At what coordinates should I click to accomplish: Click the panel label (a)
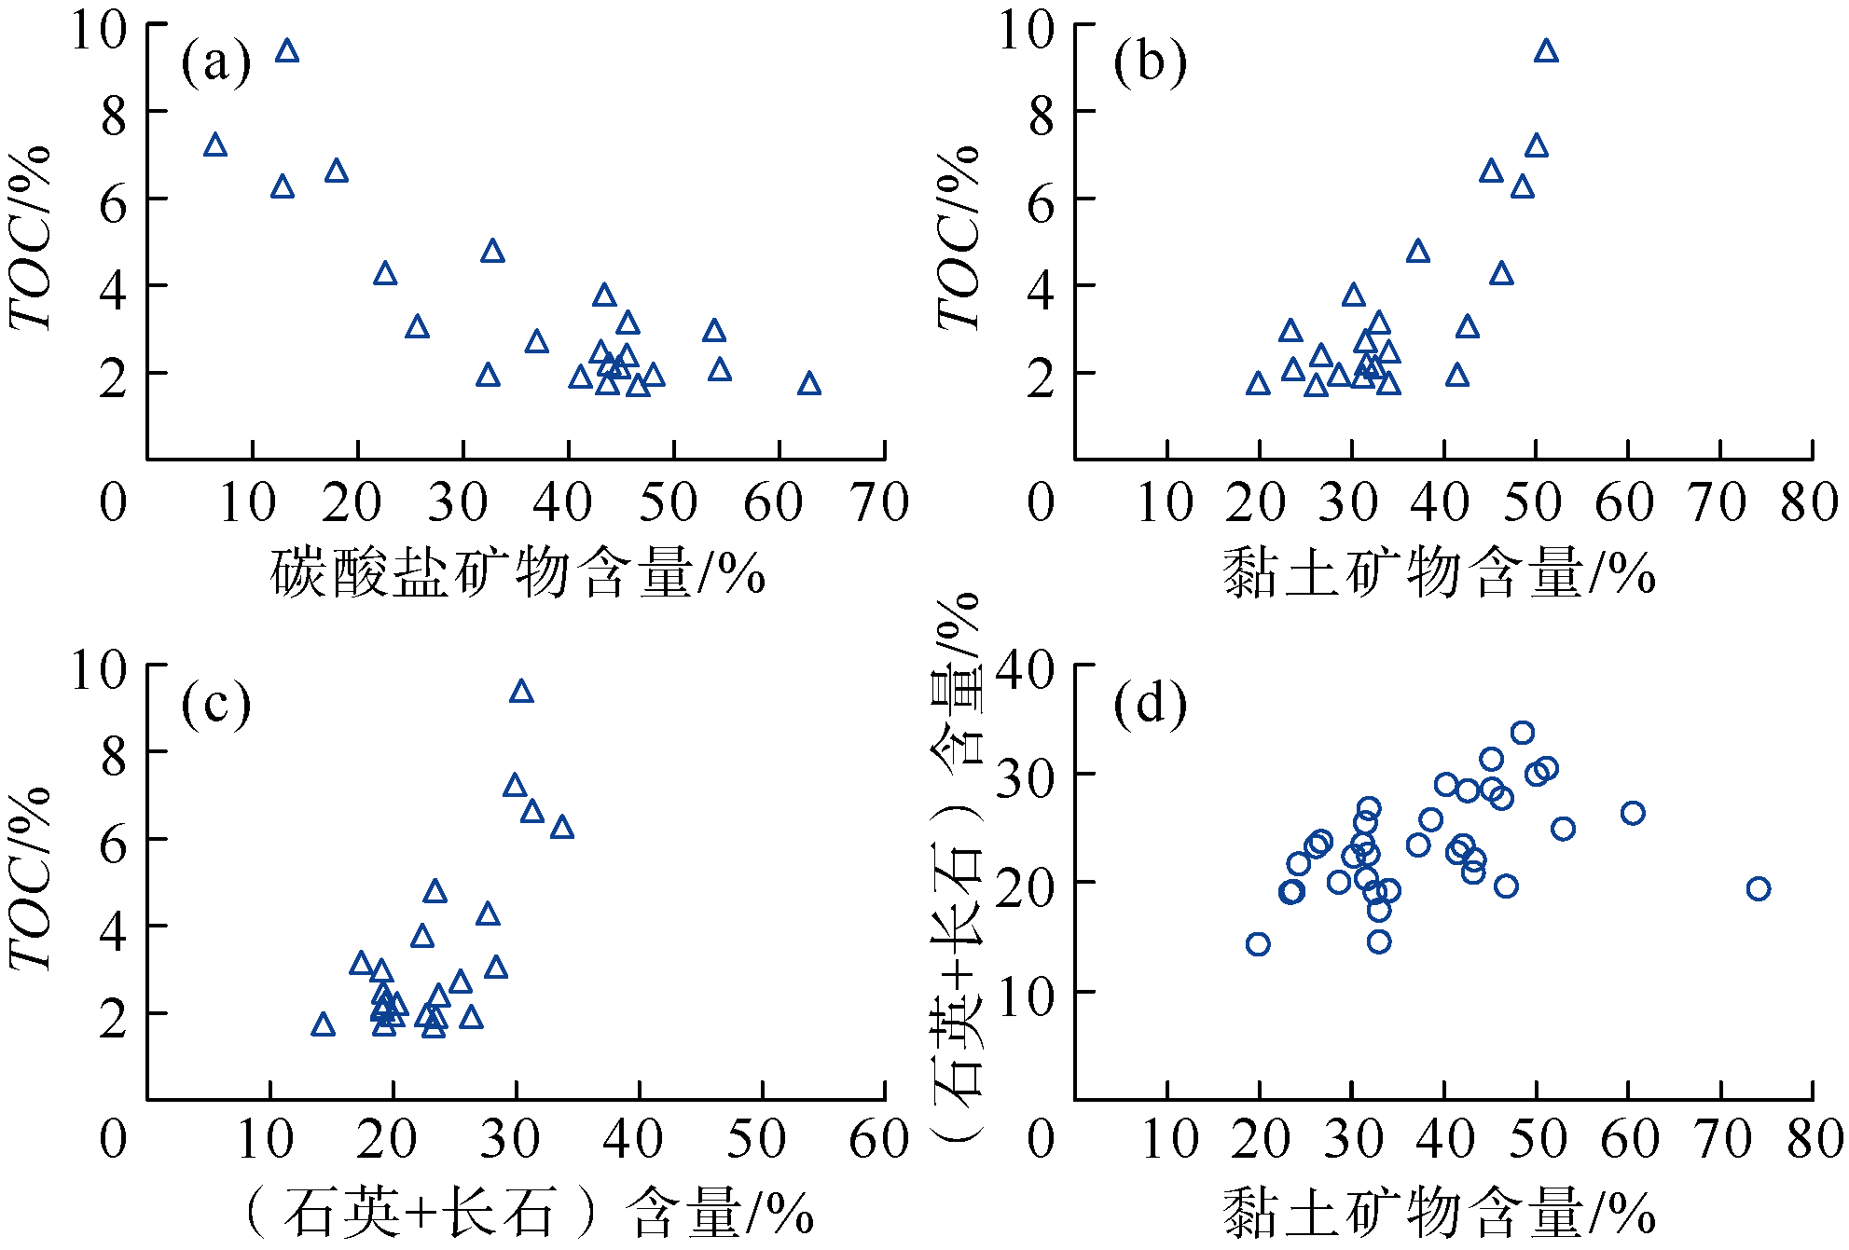coord(216,63)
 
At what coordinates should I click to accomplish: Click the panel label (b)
coord(1150,63)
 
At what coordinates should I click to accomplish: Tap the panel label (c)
coord(216,704)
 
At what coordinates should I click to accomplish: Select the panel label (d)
coord(1150,704)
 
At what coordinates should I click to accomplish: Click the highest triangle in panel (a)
coord(287,51)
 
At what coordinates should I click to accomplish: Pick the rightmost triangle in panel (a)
coord(809,384)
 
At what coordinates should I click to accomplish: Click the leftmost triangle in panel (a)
coord(215,145)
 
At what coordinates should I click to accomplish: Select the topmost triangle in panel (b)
coord(1546,51)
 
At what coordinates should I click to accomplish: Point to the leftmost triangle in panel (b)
coord(1258,384)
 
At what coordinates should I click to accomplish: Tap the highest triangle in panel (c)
coord(521,692)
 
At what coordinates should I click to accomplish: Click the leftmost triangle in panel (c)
coord(323,1025)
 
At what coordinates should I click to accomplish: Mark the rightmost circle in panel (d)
coord(1758,888)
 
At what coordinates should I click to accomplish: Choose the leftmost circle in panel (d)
coord(1258,944)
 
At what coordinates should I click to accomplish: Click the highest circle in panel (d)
coord(1523,733)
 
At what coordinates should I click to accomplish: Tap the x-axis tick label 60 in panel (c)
coord(878,1140)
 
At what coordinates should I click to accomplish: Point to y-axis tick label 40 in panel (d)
coord(1025,669)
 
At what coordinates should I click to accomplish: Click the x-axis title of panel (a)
coord(517,573)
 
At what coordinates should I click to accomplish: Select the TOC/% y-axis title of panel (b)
coord(959,238)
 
